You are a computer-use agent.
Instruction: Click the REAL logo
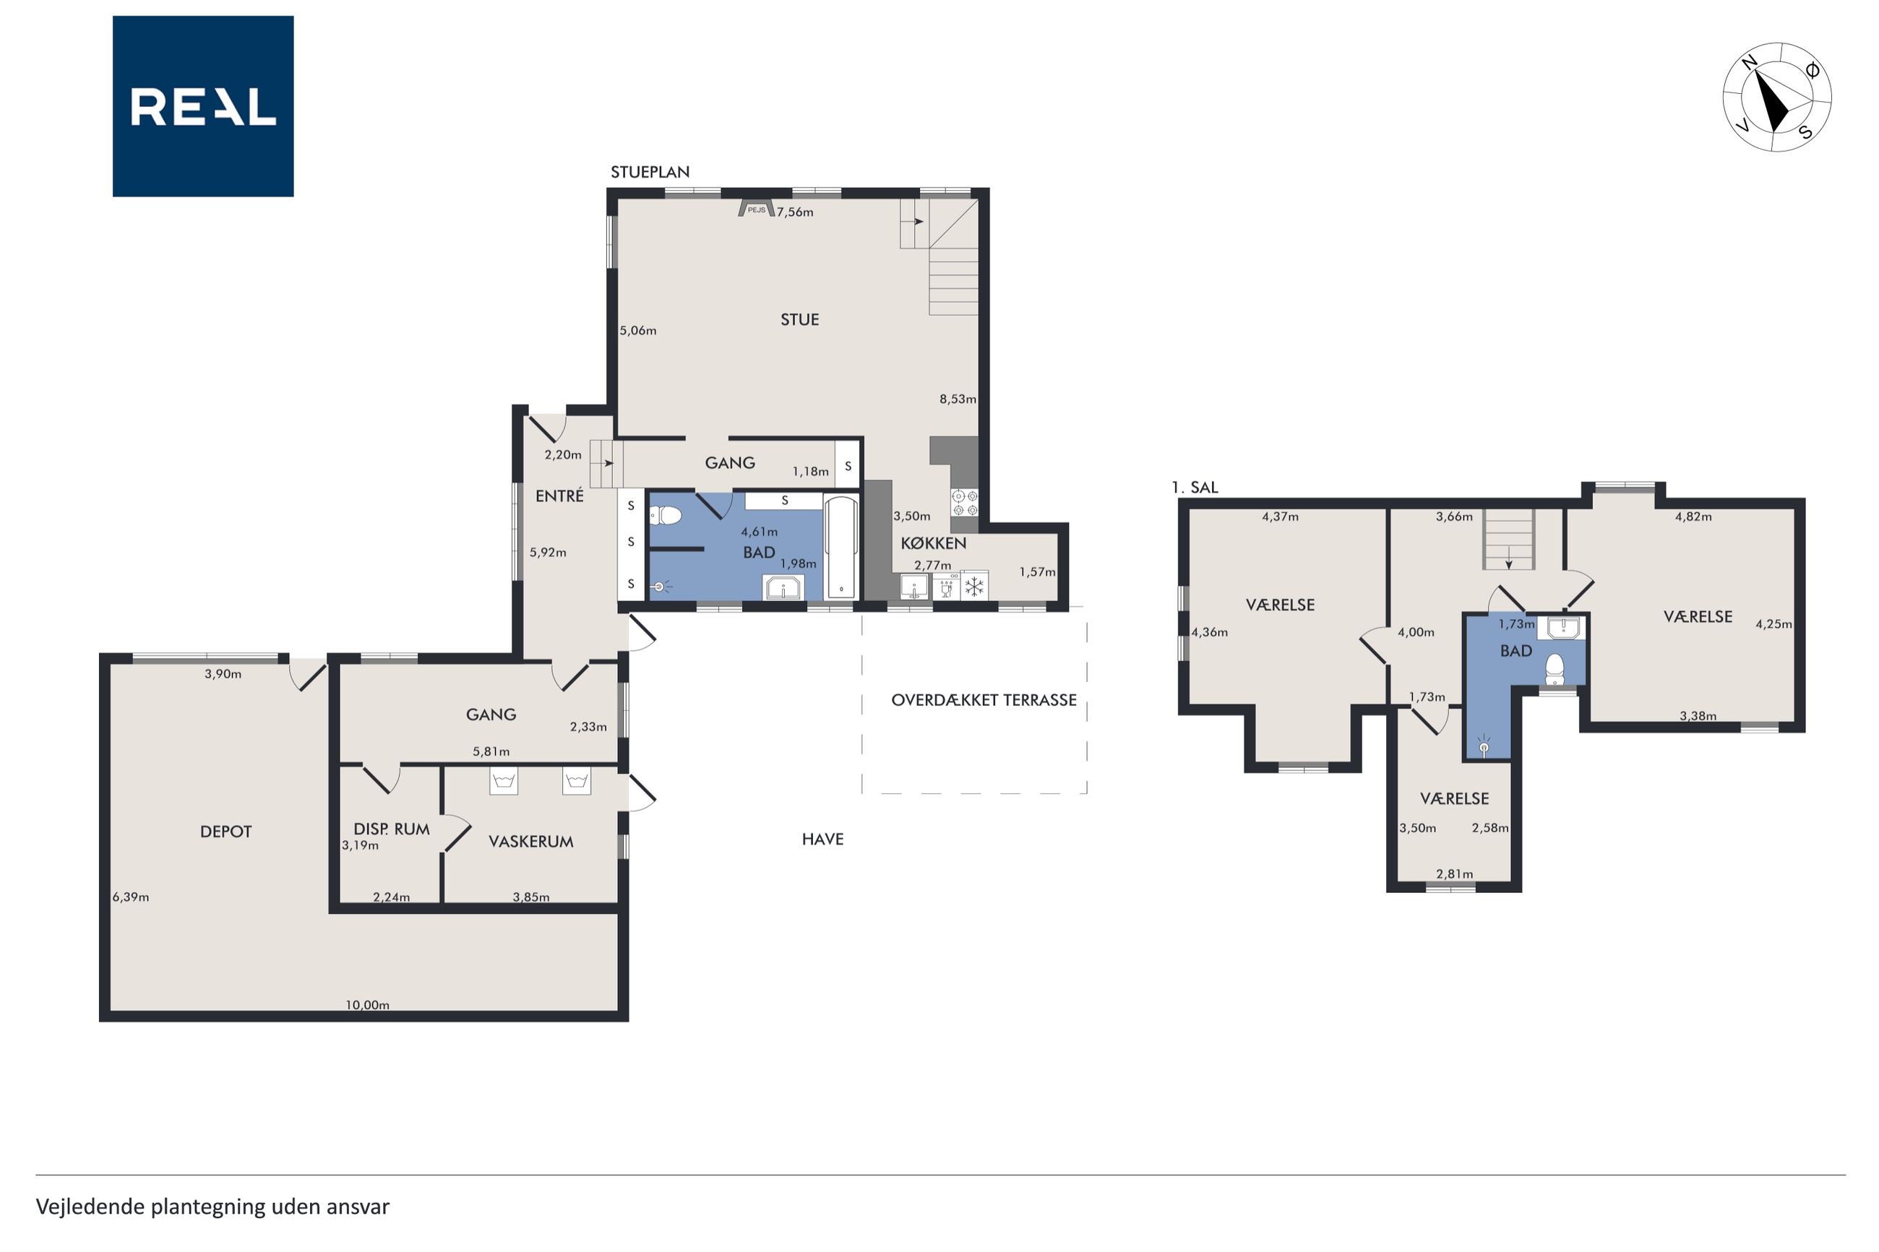[x=203, y=106]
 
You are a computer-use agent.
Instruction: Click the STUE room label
[x=799, y=319]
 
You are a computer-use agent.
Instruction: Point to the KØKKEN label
[x=934, y=543]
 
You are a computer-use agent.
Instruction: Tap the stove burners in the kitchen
[x=965, y=502]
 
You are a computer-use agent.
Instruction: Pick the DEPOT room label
[x=226, y=832]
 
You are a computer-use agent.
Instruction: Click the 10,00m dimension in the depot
[x=367, y=1004]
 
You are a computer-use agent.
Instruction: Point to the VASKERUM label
[x=531, y=841]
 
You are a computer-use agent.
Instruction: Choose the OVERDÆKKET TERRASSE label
[x=984, y=699]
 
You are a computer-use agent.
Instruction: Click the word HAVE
[x=822, y=838]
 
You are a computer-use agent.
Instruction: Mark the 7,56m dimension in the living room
[x=796, y=212]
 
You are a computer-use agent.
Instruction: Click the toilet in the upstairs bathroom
[x=1554, y=669]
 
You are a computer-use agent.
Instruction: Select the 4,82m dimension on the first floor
[x=1693, y=516]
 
